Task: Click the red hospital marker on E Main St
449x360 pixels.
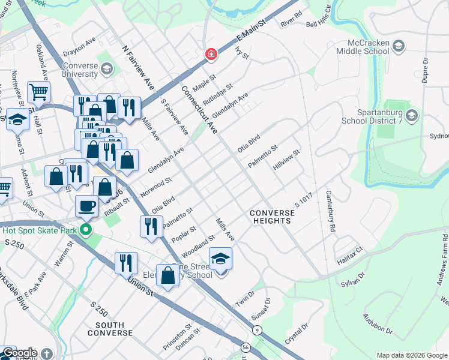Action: [211, 55]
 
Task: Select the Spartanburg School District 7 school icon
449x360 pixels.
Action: [411, 115]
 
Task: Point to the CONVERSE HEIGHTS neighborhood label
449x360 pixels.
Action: [270, 217]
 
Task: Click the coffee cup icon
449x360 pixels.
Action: [86, 206]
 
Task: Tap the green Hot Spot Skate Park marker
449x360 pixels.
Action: [86, 229]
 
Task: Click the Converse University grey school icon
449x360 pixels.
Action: [106, 69]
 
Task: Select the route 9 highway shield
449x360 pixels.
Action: [257, 330]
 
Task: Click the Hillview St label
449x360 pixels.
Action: [286, 160]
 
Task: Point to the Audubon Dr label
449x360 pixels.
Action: [378, 324]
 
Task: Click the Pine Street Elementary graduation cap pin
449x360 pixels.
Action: [221, 259]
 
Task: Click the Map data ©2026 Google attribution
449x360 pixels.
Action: [411, 355]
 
